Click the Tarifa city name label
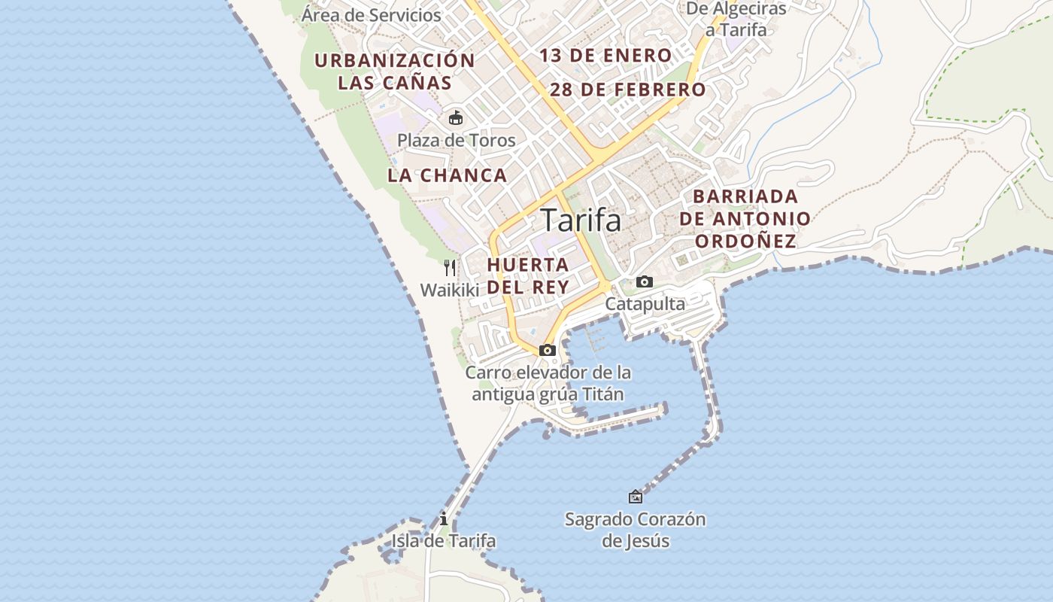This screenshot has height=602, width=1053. click(x=581, y=220)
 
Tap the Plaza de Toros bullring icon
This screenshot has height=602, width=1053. click(x=456, y=118)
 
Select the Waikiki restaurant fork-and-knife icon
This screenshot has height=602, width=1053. click(x=450, y=268)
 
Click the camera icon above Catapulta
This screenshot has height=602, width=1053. click(x=645, y=282)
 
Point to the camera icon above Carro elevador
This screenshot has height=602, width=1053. click(x=548, y=351)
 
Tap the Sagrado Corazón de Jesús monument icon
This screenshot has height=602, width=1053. click(x=636, y=497)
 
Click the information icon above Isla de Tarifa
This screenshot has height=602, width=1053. click(x=444, y=519)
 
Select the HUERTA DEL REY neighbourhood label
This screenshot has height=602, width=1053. click(x=528, y=276)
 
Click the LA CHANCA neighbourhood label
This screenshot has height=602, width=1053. click(x=448, y=176)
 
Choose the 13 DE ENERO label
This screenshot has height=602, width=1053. click(x=605, y=56)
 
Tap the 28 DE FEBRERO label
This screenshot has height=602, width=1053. click(x=628, y=90)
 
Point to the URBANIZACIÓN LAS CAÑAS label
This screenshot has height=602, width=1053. click(x=394, y=71)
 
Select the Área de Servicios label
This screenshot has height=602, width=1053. click(x=372, y=14)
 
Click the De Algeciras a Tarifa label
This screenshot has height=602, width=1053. click(x=736, y=20)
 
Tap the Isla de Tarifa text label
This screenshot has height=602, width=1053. click(x=444, y=541)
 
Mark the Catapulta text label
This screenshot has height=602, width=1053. click(x=645, y=304)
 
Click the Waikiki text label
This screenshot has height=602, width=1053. click(x=450, y=290)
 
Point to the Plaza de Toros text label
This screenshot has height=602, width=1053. click(x=457, y=141)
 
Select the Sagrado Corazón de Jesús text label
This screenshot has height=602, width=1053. click(x=636, y=530)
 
